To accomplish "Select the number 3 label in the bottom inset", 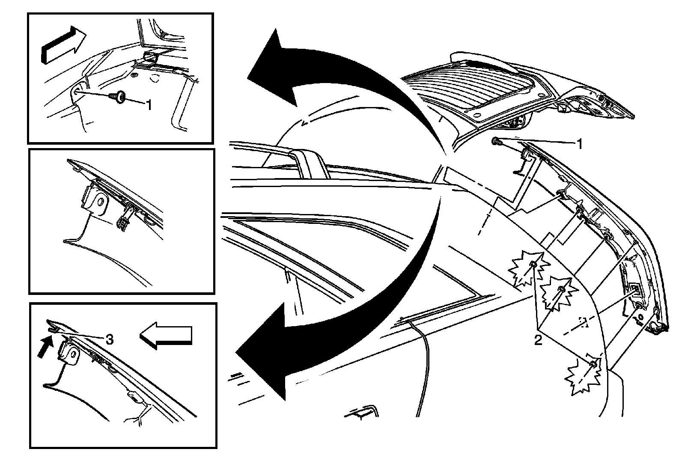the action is [109, 340].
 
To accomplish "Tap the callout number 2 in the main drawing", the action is [538, 340].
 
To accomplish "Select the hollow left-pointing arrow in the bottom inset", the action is [167, 335].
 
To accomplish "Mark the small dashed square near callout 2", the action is [581, 321].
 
